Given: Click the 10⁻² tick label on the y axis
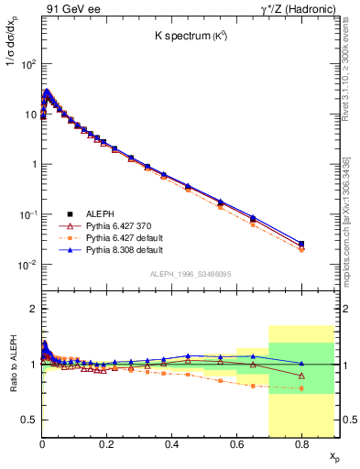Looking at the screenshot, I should point(27,266).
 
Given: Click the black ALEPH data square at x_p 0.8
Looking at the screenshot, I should point(301,244).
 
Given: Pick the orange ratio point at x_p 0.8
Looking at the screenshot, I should point(301,388).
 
